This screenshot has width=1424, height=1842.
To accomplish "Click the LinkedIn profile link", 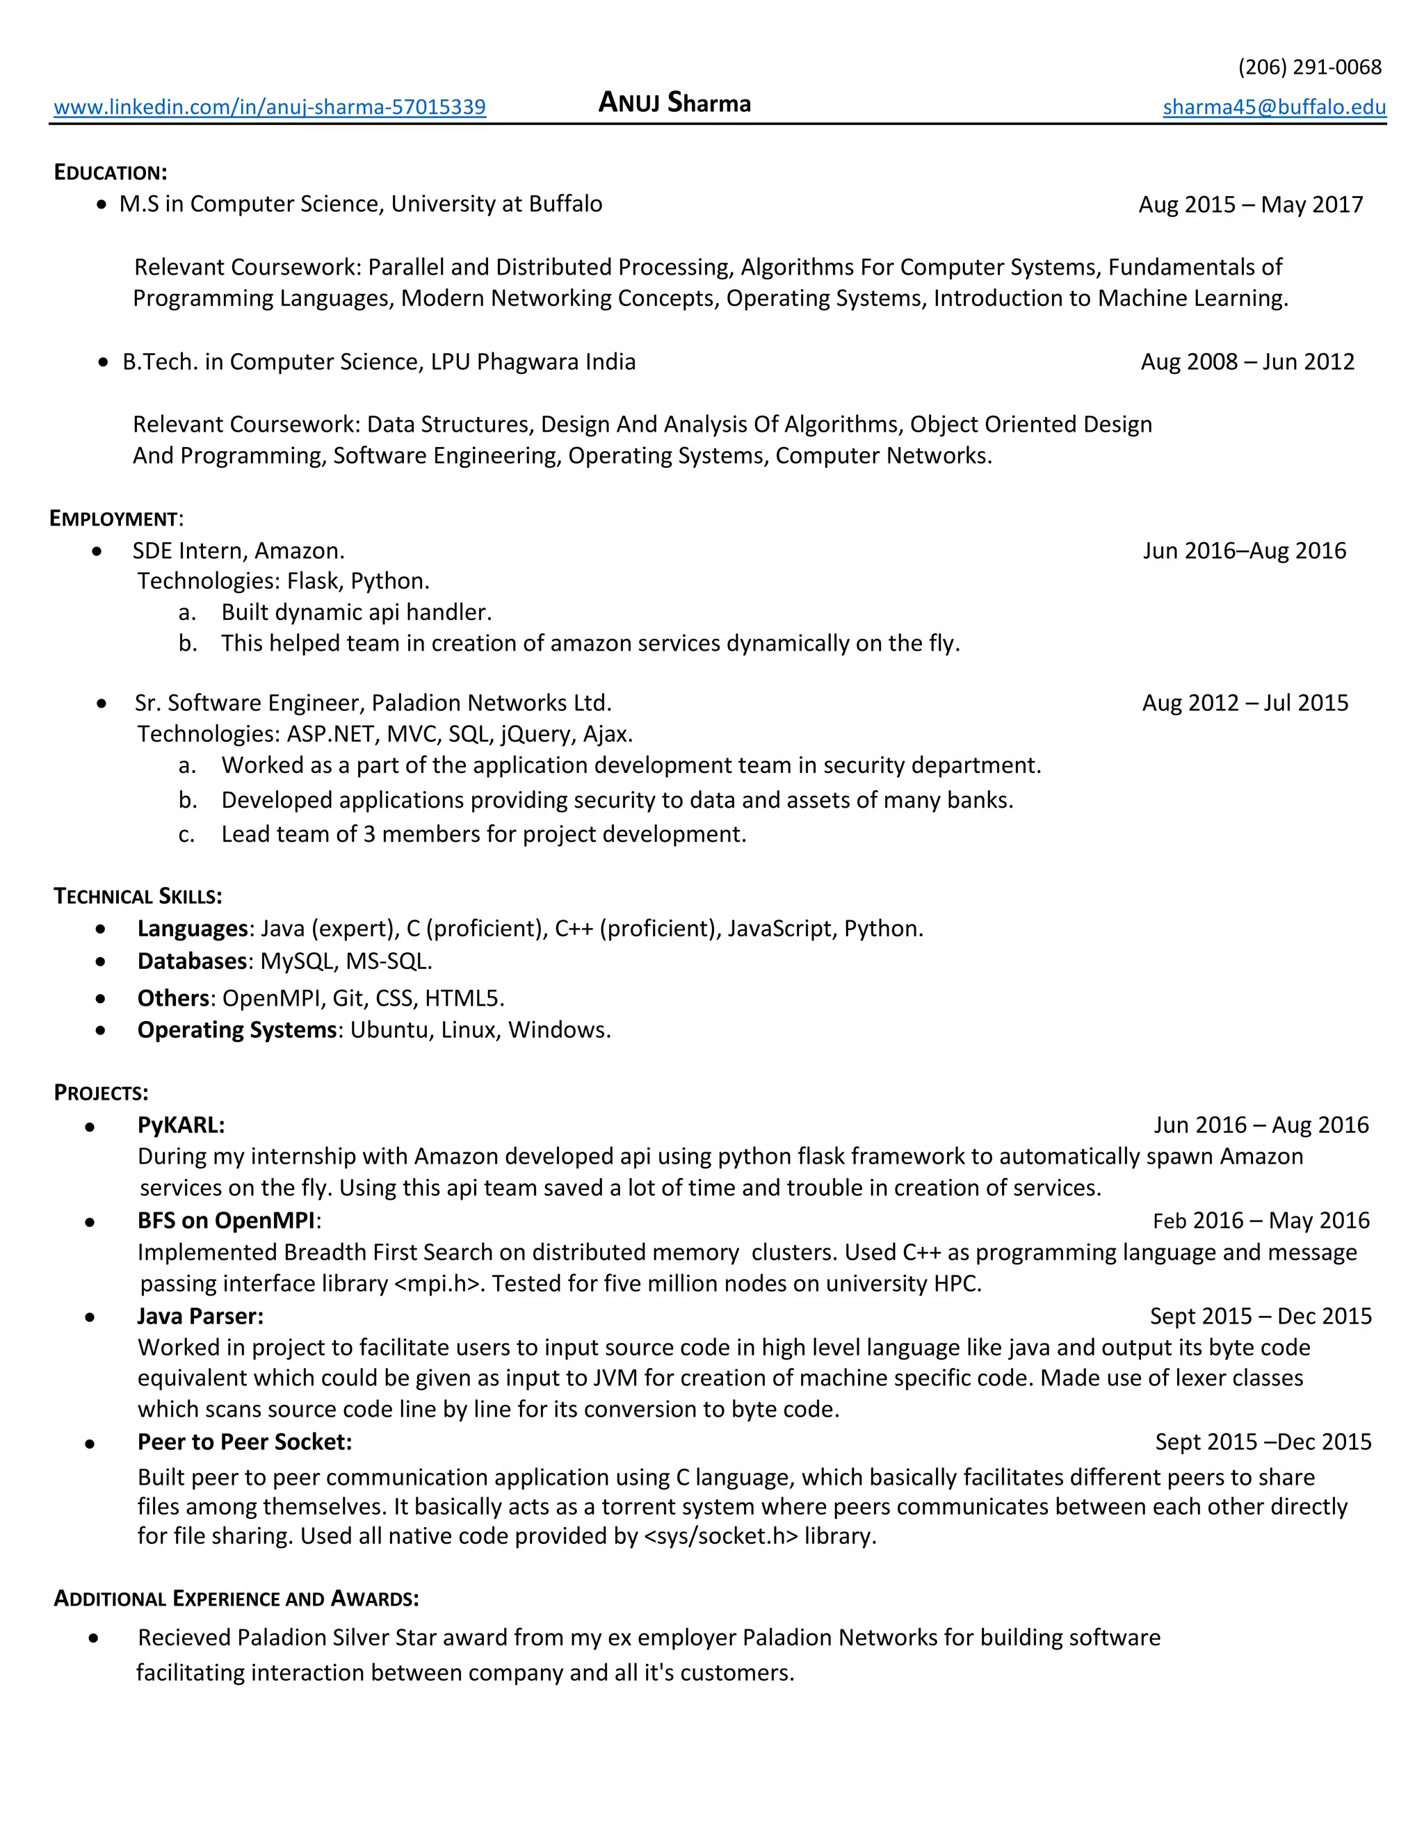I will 269,107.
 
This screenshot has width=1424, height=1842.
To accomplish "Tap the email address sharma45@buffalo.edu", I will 1274,107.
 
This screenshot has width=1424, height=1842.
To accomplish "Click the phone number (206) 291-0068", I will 1309,67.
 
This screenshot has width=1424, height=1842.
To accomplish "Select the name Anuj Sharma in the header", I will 674,103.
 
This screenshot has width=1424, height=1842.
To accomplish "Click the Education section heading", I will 111,172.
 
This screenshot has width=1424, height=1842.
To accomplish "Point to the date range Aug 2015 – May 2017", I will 1250,204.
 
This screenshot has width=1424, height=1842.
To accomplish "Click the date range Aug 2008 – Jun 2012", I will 1247,362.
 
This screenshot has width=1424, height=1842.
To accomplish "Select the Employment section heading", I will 115,518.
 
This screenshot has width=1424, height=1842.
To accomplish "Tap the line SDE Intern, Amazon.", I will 238,551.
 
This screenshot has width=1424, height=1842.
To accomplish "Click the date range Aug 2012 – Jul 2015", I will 1245,703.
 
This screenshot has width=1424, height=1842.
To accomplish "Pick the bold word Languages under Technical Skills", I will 193,929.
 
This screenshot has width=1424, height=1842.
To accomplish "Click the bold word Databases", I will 193,961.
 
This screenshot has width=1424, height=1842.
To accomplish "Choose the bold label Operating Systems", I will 237,1030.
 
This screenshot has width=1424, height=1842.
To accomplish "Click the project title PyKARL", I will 181,1125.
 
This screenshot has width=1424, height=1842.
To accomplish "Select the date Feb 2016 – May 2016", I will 1261,1221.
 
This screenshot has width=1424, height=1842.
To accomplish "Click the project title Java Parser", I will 200,1316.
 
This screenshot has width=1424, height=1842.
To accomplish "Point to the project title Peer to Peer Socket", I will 245,1442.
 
